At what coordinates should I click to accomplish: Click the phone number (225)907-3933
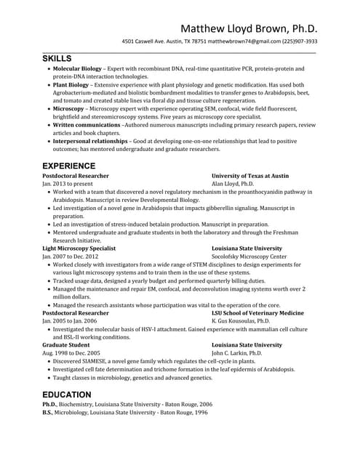tap(297, 41)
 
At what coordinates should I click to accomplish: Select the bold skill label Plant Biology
tap(71, 85)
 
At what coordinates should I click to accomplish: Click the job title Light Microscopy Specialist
tap(79, 248)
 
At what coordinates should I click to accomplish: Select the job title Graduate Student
tap(66, 345)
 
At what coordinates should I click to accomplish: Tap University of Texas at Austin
tap(250, 176)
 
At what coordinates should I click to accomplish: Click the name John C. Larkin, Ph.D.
tap(236, 353)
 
